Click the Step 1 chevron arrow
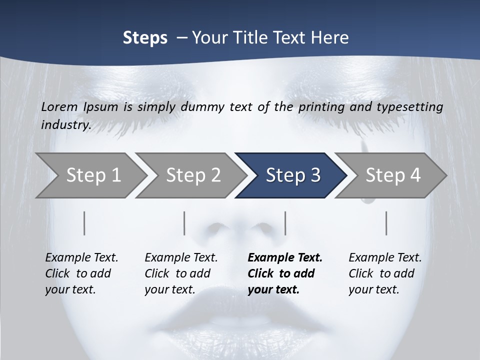[93, 175]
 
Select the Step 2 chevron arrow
[193, 175]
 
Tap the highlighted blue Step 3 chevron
[292, 175]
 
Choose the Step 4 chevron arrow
[392, 175]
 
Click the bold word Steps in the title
[145, 38]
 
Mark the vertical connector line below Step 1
[84, 223]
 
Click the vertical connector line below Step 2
[184, 223]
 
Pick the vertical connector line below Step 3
[285, 223]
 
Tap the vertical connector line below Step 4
[386, 223]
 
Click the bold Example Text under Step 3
[285, 258]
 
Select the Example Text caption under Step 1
[81, 258]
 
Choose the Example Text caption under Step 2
[181, 258]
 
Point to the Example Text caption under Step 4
[385, 258]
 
